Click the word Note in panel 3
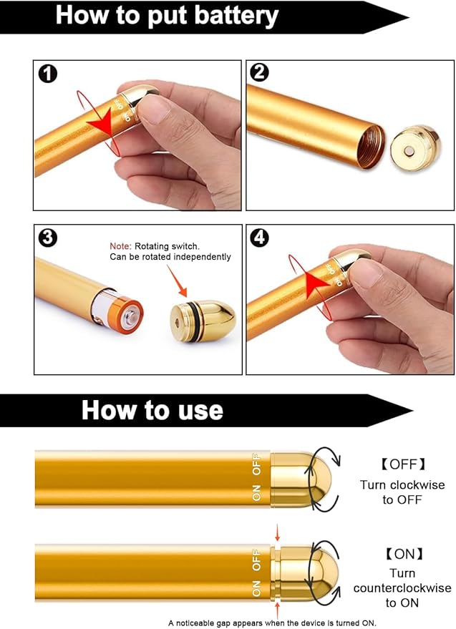coord(120,245)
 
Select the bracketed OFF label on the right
coord(402,464)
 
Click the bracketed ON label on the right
coord(402,553)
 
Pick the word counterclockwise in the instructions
coord(402,588)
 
